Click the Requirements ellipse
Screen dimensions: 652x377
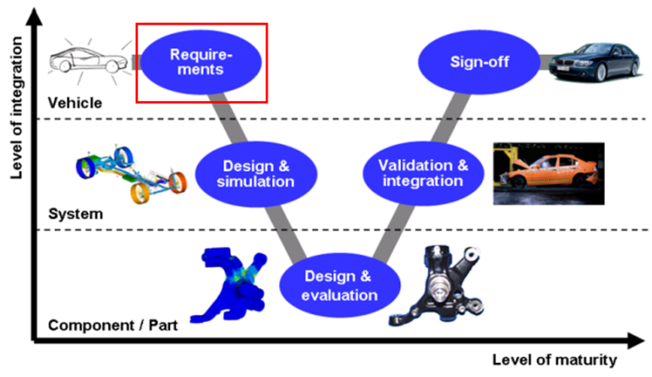point(201,62)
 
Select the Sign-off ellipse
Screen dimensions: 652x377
point(479,62)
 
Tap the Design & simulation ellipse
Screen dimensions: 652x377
point(256,174)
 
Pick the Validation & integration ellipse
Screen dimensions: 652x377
point(423,173)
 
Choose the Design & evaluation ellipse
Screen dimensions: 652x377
point(339,285)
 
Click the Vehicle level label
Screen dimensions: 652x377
point(74,103)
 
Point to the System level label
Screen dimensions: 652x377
point(75,214)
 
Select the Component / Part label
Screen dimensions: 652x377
point(113,325)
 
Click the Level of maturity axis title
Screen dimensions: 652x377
point(555,359)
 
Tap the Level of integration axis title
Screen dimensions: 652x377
point(17,108)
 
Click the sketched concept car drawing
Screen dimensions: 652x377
point(89,61)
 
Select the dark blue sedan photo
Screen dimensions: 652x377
point(594,62)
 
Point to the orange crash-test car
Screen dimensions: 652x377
point(549,173)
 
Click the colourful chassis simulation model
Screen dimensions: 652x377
point(131,174)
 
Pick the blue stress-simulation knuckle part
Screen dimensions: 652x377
point(229,285)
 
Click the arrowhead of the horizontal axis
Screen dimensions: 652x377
point(636,341)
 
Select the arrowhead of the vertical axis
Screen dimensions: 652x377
point(34,17)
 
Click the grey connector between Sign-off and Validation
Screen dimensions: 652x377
point(451,118)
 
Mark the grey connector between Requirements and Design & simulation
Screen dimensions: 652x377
point(228,118)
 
